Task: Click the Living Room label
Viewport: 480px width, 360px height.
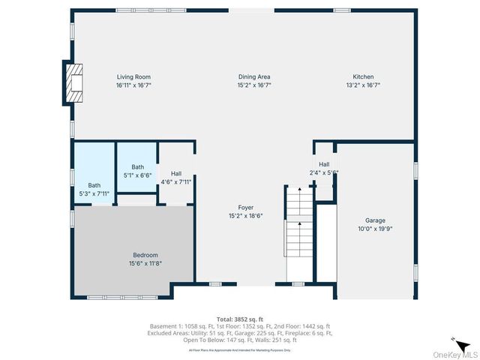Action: pyautogui.click(x=133, y=76)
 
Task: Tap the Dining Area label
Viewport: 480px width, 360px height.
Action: pyautogui.click(x=254, y=76)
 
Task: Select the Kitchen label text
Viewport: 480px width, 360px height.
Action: pyautogui.click(x=363, y=76)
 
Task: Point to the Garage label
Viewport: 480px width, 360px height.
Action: pyautogui.click(x=375, y=220)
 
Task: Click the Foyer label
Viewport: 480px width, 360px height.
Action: pyautogui.click(x=246, y=207)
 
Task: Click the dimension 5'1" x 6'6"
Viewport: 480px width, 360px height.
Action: pyautogui.click(x=137, y=175)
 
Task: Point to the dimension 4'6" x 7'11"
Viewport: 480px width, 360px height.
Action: pyautogui.click(x=176, y=181)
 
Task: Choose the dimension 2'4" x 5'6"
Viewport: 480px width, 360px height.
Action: pyautogui.click(x=324, y=172)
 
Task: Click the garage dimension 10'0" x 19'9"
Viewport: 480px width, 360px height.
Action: pyautogui.click(x=375, y=229)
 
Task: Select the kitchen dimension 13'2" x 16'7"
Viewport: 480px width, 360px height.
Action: pyautogui.click(x=363, y=85)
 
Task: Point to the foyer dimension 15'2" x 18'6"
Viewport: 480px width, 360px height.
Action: pyautogui.click(x=246, y=216)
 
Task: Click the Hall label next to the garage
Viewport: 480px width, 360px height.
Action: pyautogui.click(x=324, y=164)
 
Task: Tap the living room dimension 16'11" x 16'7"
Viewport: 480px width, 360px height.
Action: pyautogui.click(x=133, y=85)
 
